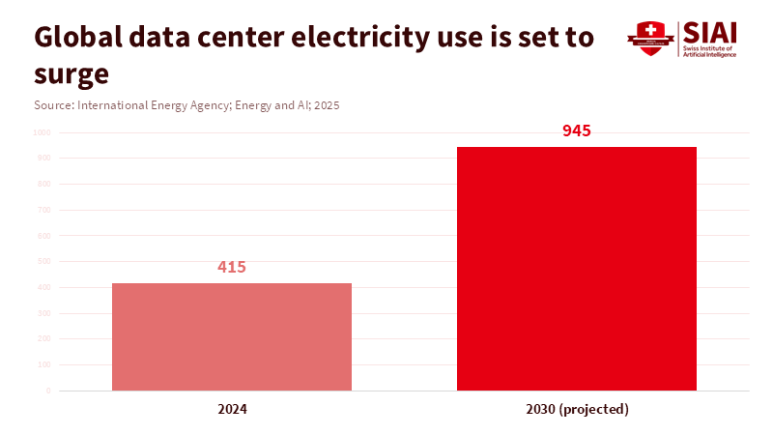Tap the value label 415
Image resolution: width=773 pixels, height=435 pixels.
click(232, 267)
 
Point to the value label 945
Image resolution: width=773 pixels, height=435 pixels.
click(577, 130)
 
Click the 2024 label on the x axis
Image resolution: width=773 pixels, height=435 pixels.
click(232, 409)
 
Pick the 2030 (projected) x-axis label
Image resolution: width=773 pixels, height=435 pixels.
click(577, 409)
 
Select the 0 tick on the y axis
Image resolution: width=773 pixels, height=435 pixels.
click(47, 391)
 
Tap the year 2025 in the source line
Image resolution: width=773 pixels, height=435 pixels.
click(325, 104)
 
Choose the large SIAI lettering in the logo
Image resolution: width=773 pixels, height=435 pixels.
click(708, 31)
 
